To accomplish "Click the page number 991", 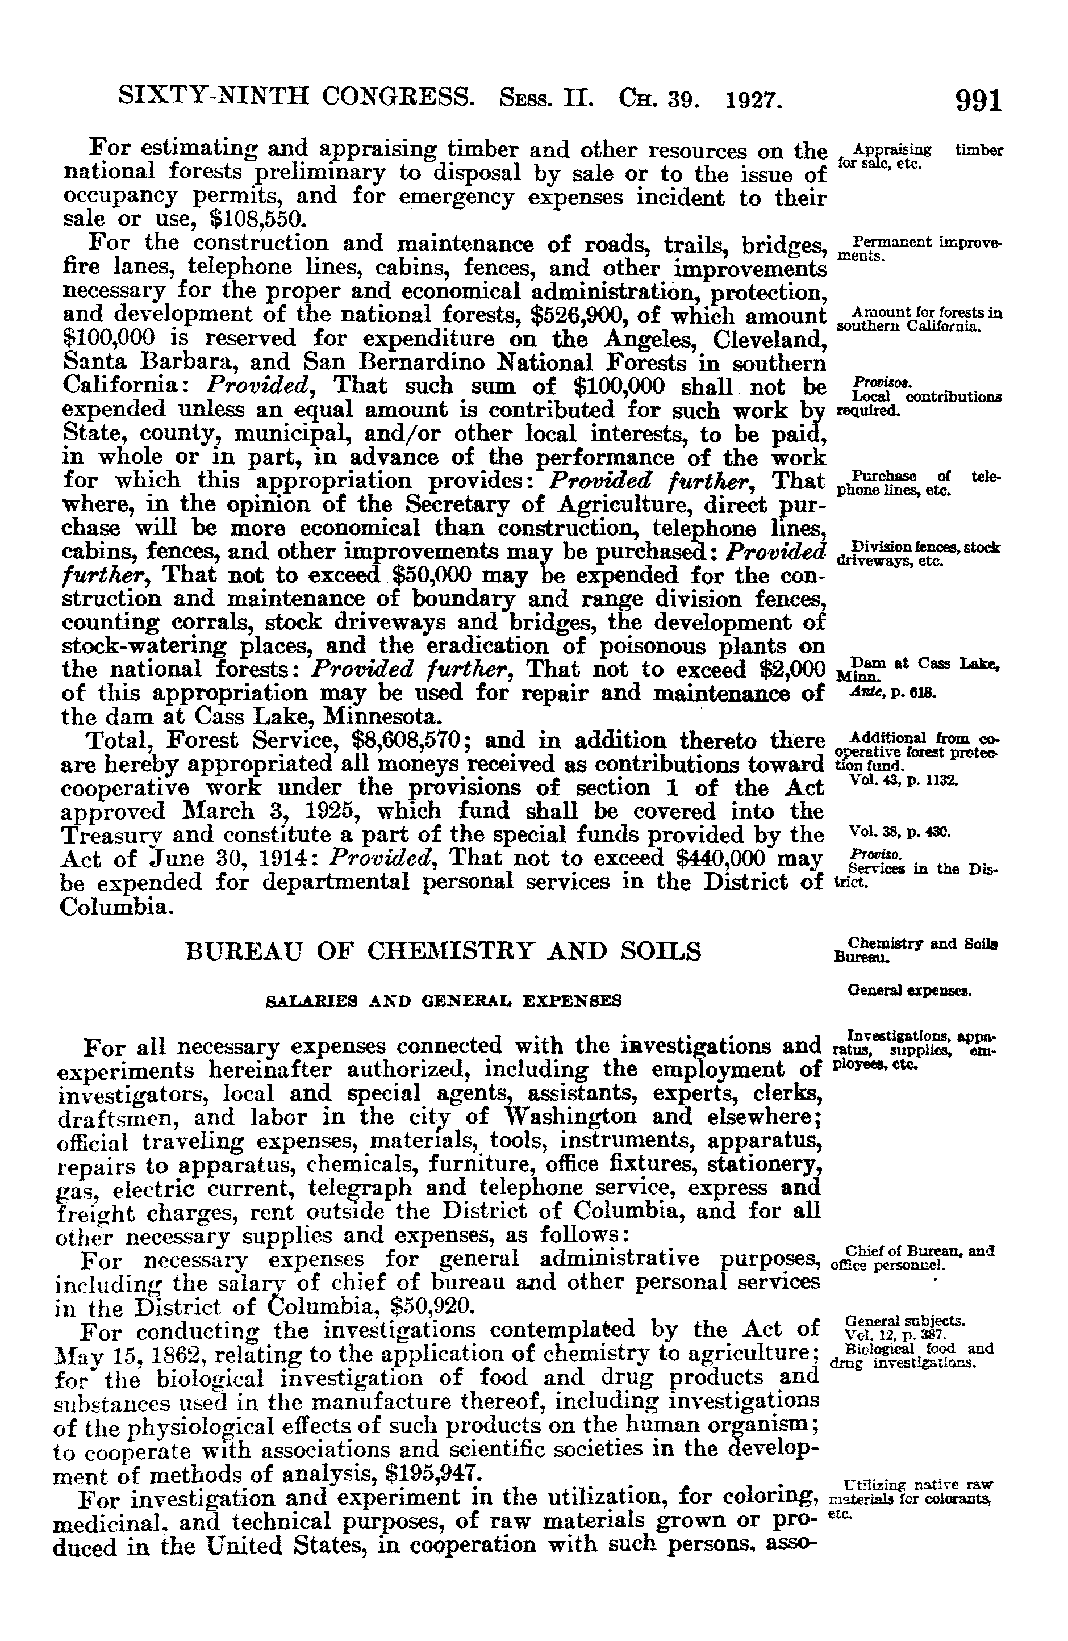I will [x=977, y=101].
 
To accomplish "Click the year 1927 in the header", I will [x=754, y=102].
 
